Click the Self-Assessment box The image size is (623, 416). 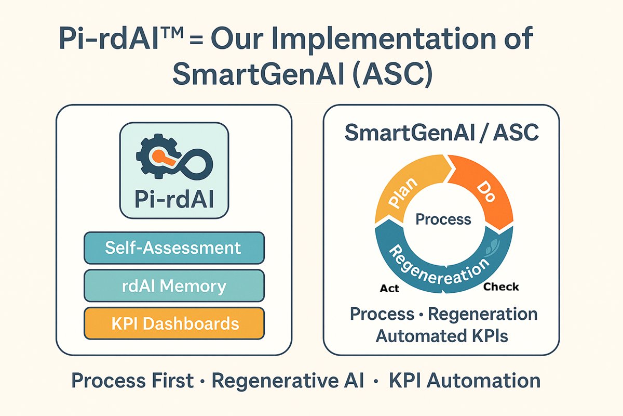[174, 248]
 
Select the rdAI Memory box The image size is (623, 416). [174, 286]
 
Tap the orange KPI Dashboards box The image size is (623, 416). [174, 324]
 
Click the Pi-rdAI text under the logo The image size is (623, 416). [174, 200]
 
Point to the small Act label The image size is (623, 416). [390, 288]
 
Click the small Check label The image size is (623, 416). [501, 287]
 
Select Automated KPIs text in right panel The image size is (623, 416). [442, 336]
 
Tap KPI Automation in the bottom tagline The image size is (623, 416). [465, 381]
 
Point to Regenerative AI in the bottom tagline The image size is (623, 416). [289, 381]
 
